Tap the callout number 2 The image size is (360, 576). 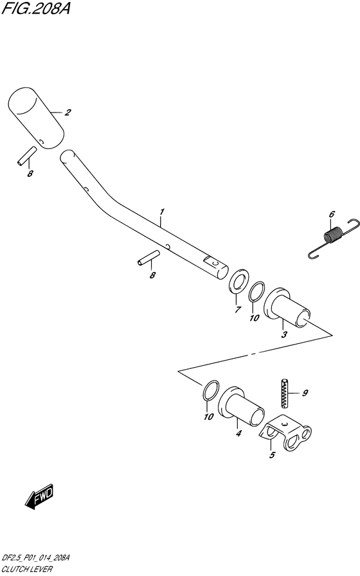[x=67, y=113]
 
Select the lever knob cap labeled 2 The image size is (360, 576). [x=36, y=118]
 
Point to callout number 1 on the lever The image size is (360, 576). [x=161, y=212]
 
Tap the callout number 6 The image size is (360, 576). [x=332, y=214]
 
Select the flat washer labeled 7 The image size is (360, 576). [x=239, y=282]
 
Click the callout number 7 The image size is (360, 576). [x=238, y=309]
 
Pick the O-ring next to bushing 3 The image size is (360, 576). [x=256, y=292]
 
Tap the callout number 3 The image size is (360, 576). [x=284, y=334]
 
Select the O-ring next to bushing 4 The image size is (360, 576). [x=211, y=390]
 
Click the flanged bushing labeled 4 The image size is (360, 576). [x=241, y=406]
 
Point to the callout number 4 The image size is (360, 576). [x=239, y=433]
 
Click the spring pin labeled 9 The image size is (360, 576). [x=285, y=393]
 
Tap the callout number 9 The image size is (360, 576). [x=305, y=393]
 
